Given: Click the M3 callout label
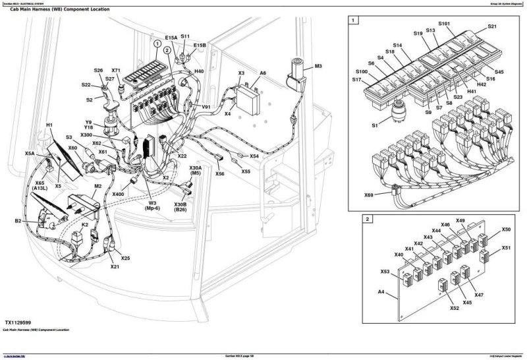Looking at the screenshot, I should [x=318, y=67].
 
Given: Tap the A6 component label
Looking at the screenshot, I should [x=263, y=73].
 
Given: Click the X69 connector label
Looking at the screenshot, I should [x=369, y=195].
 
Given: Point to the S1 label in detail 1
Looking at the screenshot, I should [x=374, y=125].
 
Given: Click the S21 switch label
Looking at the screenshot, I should [x=492, y=26].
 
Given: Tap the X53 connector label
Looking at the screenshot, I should [x=385, y=271].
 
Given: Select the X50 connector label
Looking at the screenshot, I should [x=506, y=229].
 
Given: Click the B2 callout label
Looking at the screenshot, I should [x=18, y=221].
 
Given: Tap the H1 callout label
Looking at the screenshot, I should [x=49, y=125].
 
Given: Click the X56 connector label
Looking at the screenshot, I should [x=219, y=174].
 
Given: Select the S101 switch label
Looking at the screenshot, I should [x=444, y=24].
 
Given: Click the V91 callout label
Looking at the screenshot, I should [x=206, y=107].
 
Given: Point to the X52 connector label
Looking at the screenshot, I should [x=454, y=308].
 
